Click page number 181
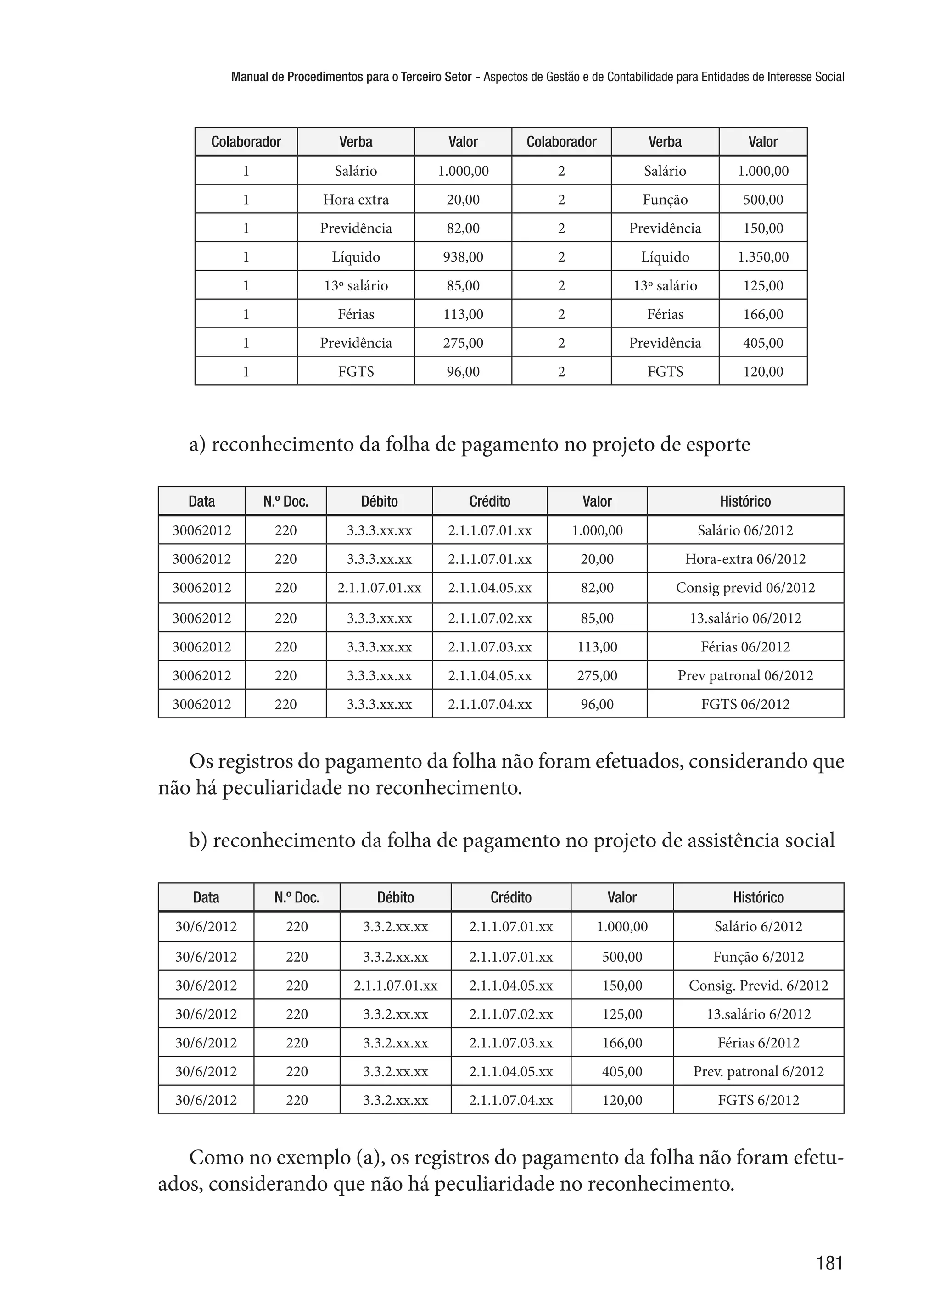tap(829, 1263)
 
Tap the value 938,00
tap(463, 257)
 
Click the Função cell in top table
tap(665, 200)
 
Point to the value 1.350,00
tap(762, 257)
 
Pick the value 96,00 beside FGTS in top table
tap(463, 372)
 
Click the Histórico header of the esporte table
tap(745, 501)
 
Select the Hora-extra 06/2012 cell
tap(745, 559)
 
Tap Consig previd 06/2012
tap(745, 588)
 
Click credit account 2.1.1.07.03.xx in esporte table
tap(490, 647)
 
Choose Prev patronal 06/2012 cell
tap(745, 675)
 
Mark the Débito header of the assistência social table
tap(395, 897)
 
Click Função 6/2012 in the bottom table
tap(758, 957)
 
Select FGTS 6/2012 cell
tap(758, 1100)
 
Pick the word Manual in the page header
tap(248, 76)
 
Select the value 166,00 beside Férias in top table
tap(762, 314)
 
